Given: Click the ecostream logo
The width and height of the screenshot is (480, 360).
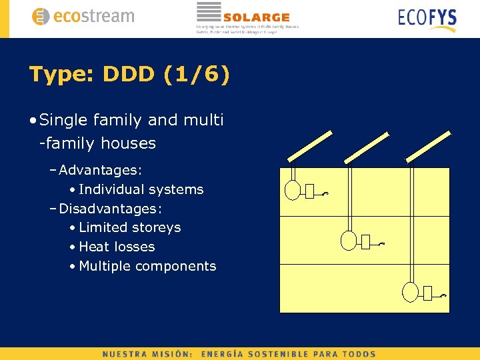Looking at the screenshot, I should (x=83, y=17).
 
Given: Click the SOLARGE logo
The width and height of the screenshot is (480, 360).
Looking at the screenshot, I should (x=247, y=17).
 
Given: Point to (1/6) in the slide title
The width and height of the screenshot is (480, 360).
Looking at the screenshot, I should (x=197, y=74).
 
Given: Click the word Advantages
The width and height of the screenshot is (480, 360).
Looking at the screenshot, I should (x=100, y=170).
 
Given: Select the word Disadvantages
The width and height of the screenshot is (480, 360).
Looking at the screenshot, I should (x=109, y=209).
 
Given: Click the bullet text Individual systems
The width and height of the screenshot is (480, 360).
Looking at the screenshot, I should (x=141, y=189).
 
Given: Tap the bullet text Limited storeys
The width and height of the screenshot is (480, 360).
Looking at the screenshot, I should (x=130, y=227).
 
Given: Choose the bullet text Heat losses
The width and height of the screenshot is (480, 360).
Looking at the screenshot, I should (x=117, y=247).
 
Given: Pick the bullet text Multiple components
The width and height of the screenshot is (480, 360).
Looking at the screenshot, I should (x=147, y=266).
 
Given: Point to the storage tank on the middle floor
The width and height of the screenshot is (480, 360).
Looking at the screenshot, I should (x=349, y=240).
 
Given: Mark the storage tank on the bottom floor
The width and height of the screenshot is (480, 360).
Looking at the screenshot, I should (x=409, y=291).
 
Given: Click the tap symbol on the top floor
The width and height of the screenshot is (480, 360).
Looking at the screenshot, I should (x=325, y=194).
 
